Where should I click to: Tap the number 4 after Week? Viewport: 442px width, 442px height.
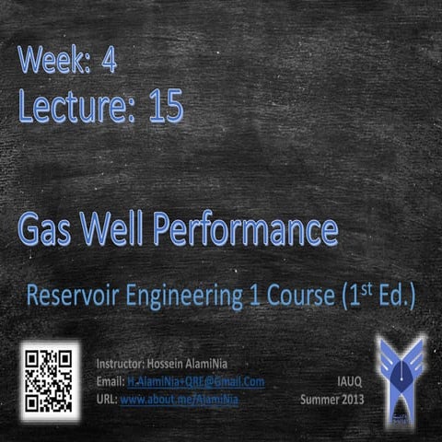[x=110, y=63]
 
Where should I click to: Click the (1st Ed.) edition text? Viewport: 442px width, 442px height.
[x=378, y=297]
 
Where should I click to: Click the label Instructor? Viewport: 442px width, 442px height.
[x=121, y=364]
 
